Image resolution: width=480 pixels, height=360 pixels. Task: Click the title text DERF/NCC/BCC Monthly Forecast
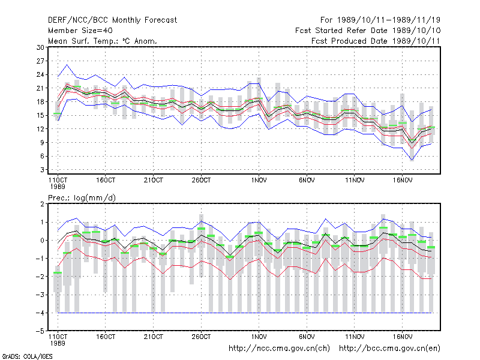112,20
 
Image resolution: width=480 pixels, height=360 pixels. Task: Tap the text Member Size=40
80,31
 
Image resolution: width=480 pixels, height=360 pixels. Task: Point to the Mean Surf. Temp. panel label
102,41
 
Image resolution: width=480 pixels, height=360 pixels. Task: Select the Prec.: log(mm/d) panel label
82,198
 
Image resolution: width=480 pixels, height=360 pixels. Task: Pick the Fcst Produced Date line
376,41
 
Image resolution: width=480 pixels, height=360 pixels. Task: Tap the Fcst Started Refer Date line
368,31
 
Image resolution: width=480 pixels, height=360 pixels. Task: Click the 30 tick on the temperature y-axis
40,47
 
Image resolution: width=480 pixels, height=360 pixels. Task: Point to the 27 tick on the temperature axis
40,61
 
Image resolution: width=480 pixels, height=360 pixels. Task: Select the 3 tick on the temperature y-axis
42,170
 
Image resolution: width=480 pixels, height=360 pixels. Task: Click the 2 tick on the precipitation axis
42,204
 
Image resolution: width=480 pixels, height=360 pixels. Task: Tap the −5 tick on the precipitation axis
40,331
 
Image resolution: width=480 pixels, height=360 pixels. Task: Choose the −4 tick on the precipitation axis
40,313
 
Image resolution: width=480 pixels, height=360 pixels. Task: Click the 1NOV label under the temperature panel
259,181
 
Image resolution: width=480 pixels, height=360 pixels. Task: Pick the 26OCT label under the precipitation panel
202,337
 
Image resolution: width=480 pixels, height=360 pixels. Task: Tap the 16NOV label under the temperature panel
403,181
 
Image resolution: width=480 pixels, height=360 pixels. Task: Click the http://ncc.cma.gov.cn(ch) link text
280,349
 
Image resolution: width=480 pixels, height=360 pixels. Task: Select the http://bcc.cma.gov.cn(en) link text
389,349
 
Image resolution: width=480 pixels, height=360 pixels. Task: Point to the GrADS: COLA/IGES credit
27,356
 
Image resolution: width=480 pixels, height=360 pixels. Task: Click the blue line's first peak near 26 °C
67,65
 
